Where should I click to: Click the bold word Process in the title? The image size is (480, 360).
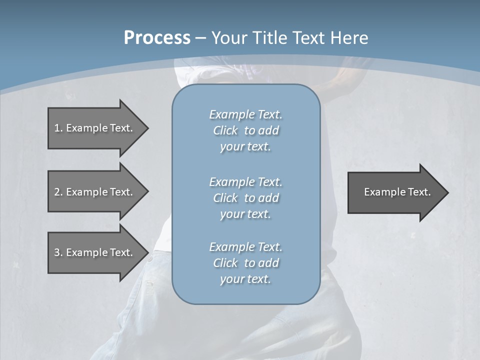(x=157, y=38)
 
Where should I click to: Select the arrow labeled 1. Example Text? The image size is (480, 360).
(x=95, y=128)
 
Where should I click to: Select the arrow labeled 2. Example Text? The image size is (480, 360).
(x=95, y=192)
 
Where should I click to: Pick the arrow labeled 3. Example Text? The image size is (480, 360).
(x=95, y=252)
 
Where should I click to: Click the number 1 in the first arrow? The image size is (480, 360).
(x=57, y=128)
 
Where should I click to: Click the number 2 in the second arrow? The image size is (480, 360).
(x=57, y=192)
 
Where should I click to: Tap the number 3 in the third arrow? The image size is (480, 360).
(x=57, y=252)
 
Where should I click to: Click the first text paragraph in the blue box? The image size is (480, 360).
(x=245, y=130)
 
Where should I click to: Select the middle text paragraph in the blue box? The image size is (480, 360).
(x=245, y=198)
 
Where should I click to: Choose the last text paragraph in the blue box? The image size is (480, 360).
(x=245, y=263)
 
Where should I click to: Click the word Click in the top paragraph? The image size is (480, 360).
(x=225, y=131)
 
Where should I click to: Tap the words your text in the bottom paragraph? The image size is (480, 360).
(x=245, y=279)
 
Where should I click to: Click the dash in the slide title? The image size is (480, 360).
(x=200, y=38)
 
